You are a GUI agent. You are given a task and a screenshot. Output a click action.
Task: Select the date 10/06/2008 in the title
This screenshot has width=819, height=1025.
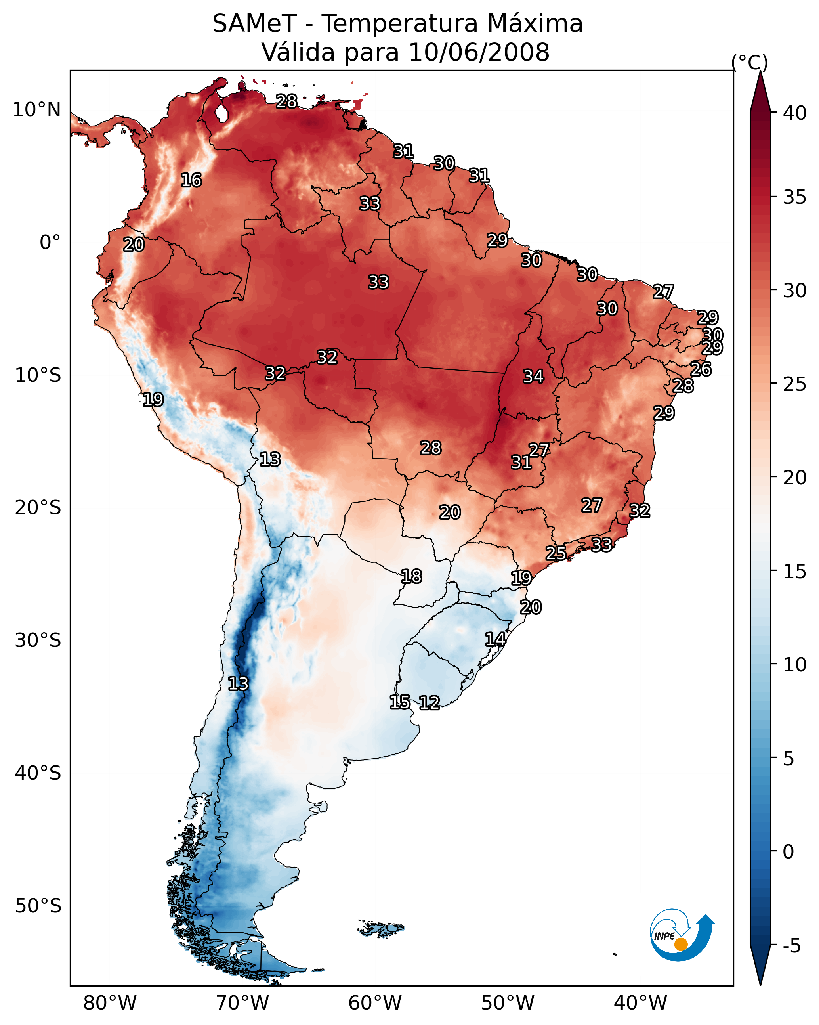(x=479, y=52)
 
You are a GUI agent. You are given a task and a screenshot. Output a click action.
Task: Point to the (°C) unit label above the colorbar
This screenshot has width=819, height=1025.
(x=749, y=62)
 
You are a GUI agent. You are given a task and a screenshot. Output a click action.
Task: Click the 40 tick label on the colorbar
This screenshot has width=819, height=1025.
(x=795, y=113)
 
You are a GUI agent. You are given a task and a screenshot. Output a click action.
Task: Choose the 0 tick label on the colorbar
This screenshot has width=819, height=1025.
(x=788, y=852)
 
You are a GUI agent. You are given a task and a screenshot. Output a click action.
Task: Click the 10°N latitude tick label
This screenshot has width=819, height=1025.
(x=36, y=110)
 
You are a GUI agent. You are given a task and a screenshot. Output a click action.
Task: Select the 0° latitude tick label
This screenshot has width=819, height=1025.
(x=50, y=243)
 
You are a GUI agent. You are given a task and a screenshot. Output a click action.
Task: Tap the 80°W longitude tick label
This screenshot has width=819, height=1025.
(x=110, y=1003)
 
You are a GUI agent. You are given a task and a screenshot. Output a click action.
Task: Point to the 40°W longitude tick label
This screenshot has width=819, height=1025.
(x=640, y=1003)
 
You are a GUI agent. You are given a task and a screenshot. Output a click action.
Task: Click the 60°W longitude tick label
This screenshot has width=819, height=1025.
(x=375, y=1003)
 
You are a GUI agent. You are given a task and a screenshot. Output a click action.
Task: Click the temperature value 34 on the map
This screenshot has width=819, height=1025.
(x=533, y=377)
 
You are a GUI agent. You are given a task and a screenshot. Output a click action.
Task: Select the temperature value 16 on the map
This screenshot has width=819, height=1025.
(x=191, y=180)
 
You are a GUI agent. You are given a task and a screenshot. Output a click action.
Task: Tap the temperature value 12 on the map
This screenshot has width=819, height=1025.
(x=429, y=703)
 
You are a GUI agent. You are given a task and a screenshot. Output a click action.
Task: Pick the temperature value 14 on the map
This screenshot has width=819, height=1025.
(x=495, y=639)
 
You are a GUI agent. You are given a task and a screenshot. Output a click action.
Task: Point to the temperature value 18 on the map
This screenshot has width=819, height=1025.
(x=411, y=577)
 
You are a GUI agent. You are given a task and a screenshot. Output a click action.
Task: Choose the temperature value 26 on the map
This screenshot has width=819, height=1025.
(x=701, y=369)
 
